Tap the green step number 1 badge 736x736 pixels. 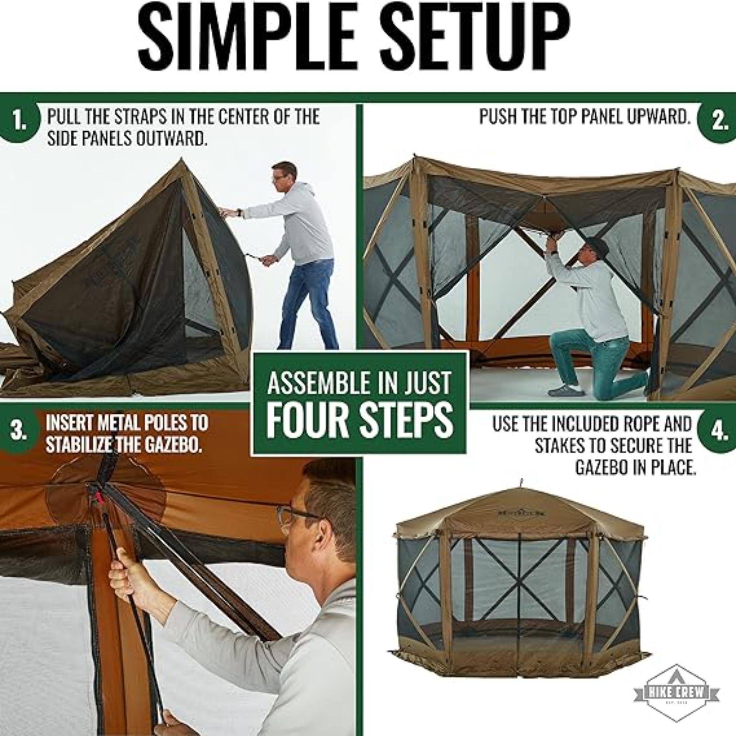[18, 121]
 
